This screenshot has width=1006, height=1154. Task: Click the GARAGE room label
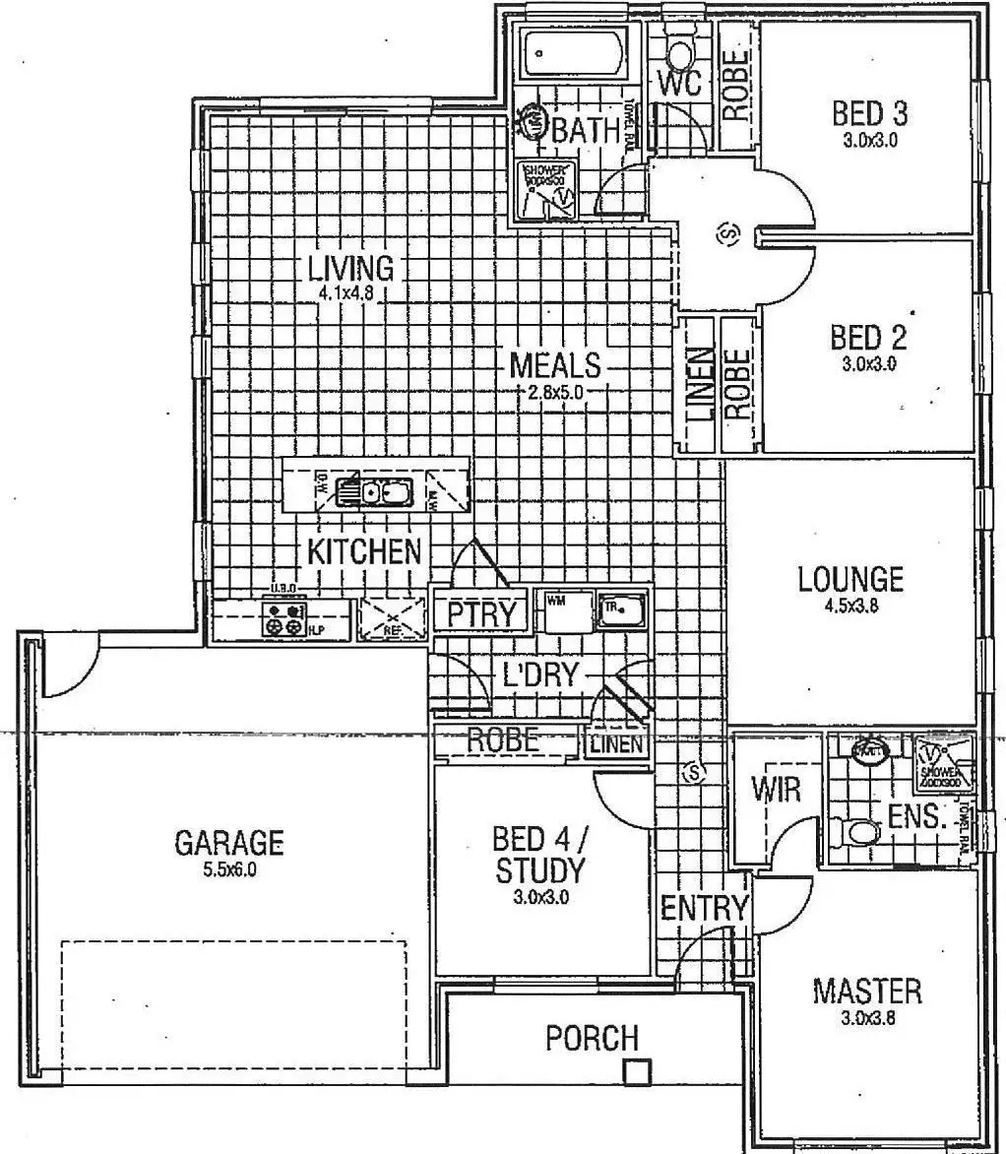(228, 843)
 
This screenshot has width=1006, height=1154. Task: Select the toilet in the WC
(680, 49)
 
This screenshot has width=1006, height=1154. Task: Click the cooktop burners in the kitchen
(283, 618)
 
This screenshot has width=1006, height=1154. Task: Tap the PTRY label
(481, 613)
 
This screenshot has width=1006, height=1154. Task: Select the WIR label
(776, 789)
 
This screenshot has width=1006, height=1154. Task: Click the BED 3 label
(870, 113)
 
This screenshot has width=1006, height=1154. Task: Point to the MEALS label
(554, 365)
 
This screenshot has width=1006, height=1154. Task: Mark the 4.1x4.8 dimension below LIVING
(349, 292)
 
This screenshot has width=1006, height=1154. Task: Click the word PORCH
(592, 1037)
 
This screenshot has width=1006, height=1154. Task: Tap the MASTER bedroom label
(867, 991)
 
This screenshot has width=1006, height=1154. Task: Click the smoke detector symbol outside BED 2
(729, 234)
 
